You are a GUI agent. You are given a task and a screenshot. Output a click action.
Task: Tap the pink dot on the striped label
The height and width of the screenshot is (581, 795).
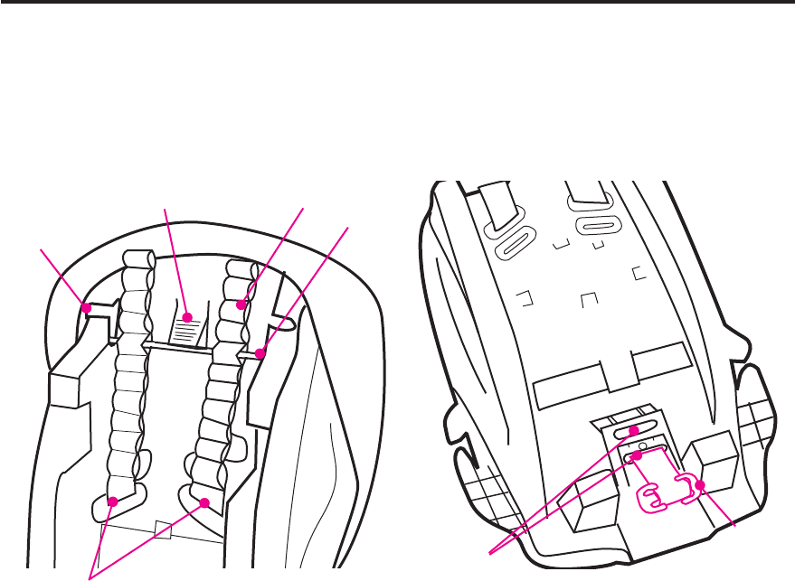[x=187, y=317]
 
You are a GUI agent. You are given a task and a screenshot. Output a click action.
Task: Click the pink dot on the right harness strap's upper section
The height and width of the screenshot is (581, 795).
[x=241, y=305]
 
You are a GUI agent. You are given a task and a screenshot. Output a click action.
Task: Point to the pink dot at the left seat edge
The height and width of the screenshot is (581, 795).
[x=87, y=308]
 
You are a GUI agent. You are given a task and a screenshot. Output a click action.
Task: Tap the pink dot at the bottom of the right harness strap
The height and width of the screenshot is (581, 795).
[x=206, y=501]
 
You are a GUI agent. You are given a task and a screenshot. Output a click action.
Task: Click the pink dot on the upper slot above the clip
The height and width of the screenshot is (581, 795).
[x=635, y=431]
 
